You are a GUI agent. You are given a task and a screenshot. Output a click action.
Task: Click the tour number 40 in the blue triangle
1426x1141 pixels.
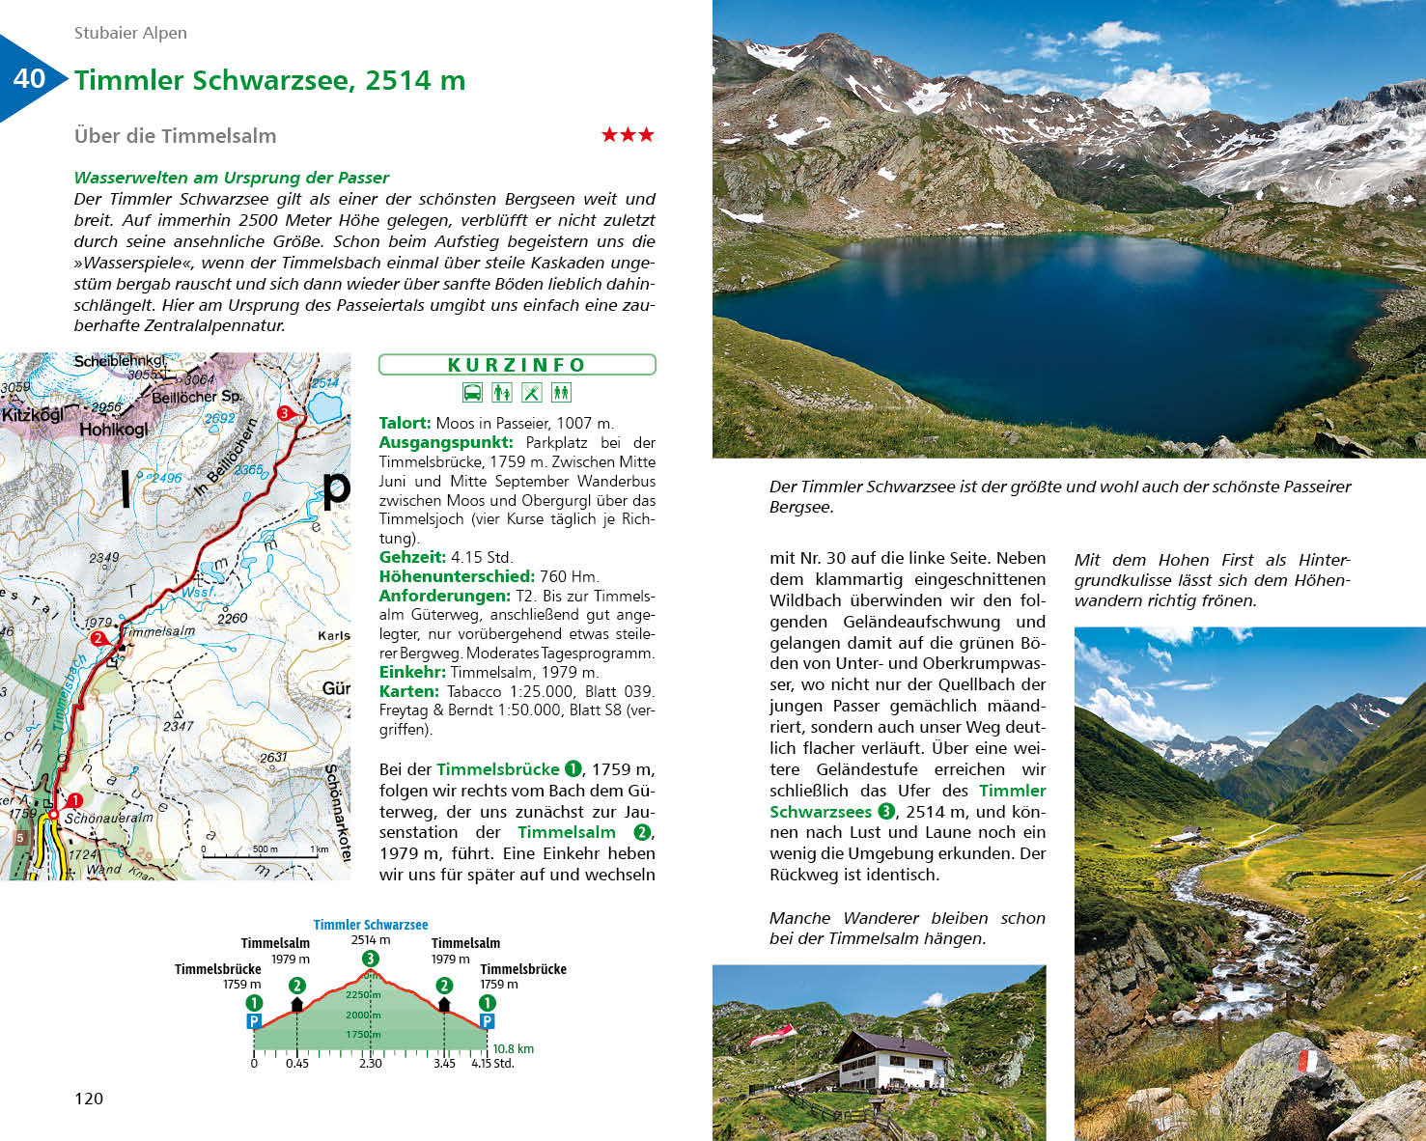pyautogui.click(x=29, y=78)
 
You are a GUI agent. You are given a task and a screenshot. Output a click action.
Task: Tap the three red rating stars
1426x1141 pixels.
pyautogui.click(x=628, y=135)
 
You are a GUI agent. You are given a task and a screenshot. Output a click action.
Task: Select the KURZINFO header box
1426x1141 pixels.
pyautogui.click(x=517, y=365)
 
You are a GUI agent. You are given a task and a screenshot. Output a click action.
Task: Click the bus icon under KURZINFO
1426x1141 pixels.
pyautogui.click(x=472, y=393)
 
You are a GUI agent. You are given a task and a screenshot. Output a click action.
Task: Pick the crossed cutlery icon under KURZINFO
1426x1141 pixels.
pyautogui.click(x=532, y=393)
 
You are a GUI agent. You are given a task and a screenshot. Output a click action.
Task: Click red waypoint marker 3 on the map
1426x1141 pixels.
pyautogui.click(x=284, y=413)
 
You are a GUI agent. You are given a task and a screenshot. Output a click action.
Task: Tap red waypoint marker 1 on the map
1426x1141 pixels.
pyautogui.click(x=75, y=800)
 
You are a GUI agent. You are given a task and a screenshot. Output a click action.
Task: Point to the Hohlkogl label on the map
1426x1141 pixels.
pyautogui.click(x=113, y=430)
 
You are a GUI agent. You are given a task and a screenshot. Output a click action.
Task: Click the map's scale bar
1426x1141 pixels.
pyautogui.click(x=266, y=853)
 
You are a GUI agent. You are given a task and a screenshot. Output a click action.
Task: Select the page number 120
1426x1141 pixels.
pyautogui.click(x=89, y=1099)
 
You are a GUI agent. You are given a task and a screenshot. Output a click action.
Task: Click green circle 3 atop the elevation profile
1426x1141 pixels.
pyautogui.click(x=370, y=959)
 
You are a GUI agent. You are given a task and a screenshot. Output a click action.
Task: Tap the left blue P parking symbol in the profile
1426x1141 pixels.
pyautogui.click(x=254, y=1021)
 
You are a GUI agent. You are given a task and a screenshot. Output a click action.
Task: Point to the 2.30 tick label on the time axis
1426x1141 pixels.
pyautogui.click(x=371, y=1064)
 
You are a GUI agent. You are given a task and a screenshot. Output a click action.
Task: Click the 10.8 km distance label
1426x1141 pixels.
pyautogui.click(x=513, y=1049)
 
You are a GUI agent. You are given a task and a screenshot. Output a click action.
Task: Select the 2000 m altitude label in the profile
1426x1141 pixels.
pyautogui.click(x=363, y=1015)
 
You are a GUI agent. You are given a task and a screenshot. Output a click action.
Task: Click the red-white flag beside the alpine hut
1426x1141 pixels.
pyautogui.click(x=772, y=1035)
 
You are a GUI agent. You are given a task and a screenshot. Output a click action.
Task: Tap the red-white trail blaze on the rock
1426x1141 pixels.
pyautogui.click(x=1308, y=1061)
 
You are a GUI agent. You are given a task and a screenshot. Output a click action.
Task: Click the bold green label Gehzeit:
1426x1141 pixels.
pyautogui.click(x=412, y=557)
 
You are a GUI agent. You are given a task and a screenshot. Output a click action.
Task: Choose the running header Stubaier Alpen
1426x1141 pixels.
pyautogui.click(x=130, y=33)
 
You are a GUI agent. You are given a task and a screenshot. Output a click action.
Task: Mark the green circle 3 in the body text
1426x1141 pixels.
pyautogui.click(x=886, y=812)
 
